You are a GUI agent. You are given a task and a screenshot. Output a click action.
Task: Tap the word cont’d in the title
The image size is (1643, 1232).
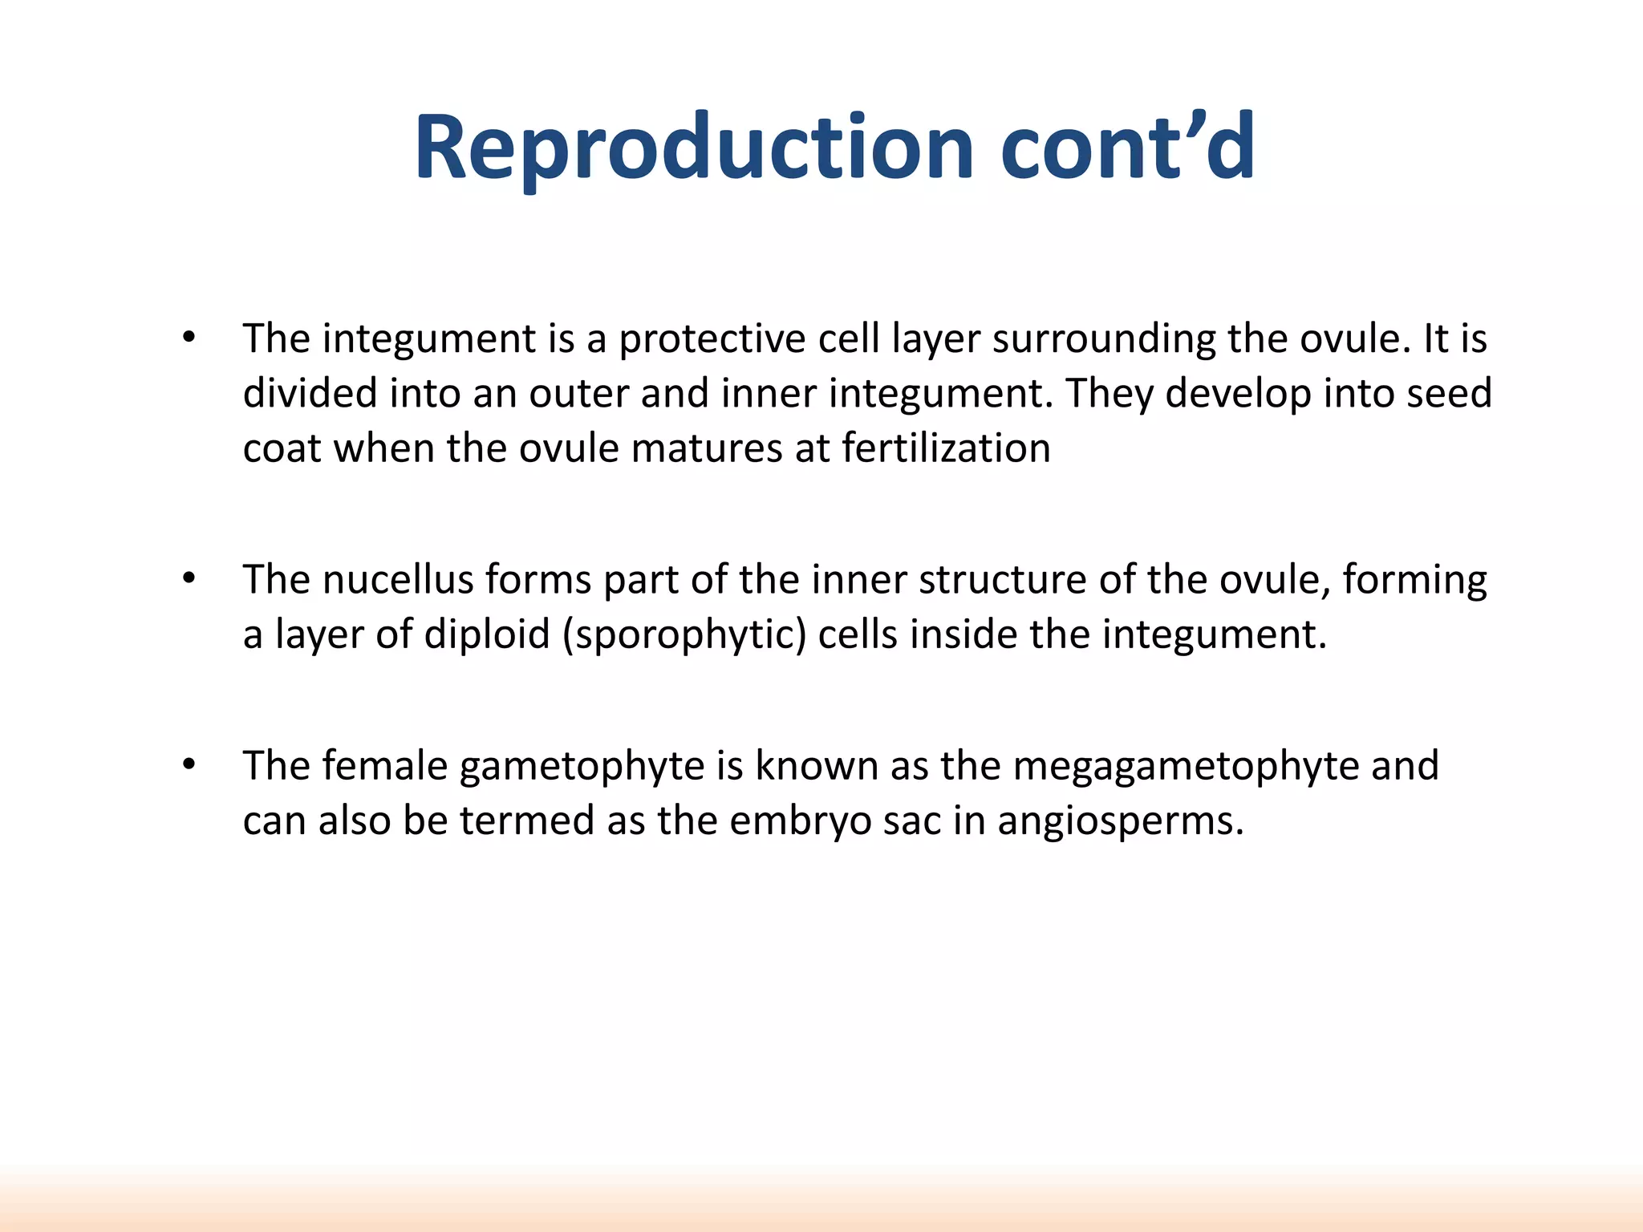pos(1127,147)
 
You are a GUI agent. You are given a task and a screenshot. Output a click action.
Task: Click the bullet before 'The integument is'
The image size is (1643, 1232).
pos(189,338)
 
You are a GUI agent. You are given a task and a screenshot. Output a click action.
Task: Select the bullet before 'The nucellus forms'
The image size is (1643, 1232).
pos(189,578)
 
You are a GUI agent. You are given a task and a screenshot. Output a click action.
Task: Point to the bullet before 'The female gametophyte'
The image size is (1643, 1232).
pos(189,765)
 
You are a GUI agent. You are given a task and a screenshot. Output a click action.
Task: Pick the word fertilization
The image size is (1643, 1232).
pos(946,448)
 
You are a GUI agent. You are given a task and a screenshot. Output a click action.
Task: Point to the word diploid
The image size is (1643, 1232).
pos(487,634)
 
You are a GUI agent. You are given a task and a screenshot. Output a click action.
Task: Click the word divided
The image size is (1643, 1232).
pos(310,393)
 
